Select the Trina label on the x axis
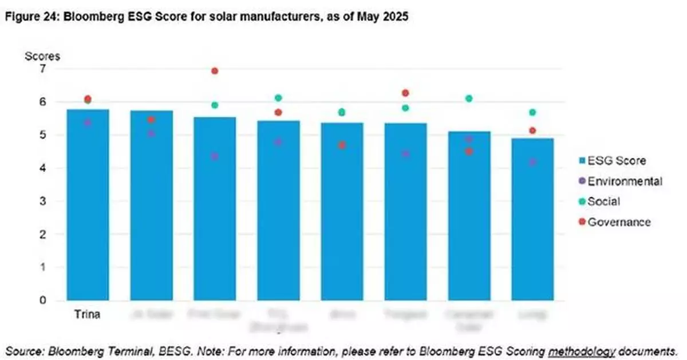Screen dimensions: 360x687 coord(88,314)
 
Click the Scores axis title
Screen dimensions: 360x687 coord(42,56)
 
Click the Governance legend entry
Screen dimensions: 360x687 coord(615,222)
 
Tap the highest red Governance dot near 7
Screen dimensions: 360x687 coord(215,71)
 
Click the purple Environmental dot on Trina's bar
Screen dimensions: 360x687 coord(88,122)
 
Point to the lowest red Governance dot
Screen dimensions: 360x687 coord(469,152)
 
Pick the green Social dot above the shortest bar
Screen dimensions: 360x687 coord(532,112)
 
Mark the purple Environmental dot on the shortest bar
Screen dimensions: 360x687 coord(532,162)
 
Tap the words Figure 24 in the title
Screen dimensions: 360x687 coord(26,18)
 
